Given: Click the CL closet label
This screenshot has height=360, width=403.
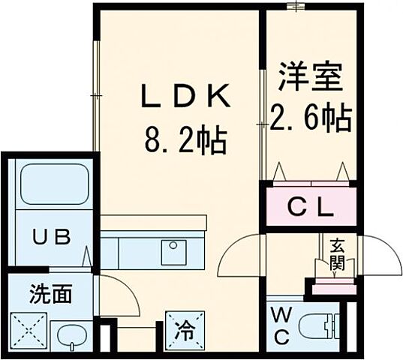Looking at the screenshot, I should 311,207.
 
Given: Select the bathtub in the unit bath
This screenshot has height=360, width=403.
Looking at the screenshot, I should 51,184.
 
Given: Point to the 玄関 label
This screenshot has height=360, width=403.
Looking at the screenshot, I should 331,253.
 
